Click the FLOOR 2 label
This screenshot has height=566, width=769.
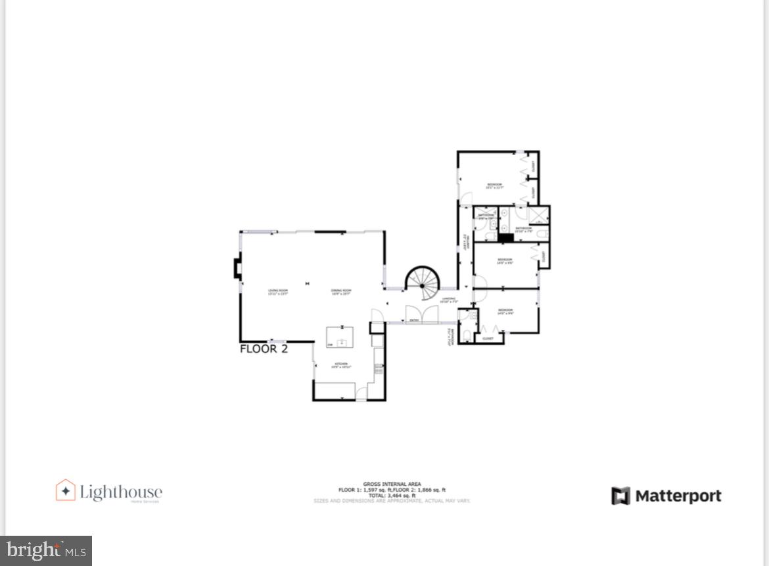tap(264, 349)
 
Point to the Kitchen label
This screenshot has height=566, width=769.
tap(341, 365)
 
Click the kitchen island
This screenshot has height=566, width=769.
tap(340, 337)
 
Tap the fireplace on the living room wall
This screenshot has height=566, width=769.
tap(237, 268)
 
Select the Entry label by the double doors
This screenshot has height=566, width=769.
tap(414, 320)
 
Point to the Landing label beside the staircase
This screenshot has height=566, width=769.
tap(449, 300)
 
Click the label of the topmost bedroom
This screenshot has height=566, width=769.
tap(494, 185)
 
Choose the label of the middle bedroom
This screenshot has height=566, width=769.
tap(505, 261)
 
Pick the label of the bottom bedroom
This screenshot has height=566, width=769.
tap(505, 311)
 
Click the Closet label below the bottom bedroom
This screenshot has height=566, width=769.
tap(488, 339)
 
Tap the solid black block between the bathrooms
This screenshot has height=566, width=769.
tap(505, 238)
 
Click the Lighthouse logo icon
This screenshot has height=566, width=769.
tap(65, 490)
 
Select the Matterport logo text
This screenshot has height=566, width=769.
tap(678, 496)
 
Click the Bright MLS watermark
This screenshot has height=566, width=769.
tap(46, 550)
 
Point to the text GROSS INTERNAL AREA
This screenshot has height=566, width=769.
tap(392, 484)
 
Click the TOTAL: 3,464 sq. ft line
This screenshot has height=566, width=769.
tap(392, 496)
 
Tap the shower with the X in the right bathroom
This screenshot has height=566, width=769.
tap(539, 215)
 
